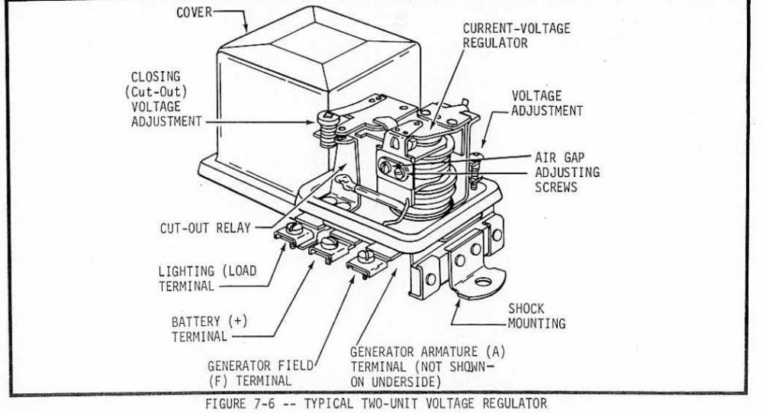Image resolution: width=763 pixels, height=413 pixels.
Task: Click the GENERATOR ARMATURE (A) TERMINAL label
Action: click(427, 365)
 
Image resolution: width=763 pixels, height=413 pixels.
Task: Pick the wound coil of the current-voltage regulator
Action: click(431, 179)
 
